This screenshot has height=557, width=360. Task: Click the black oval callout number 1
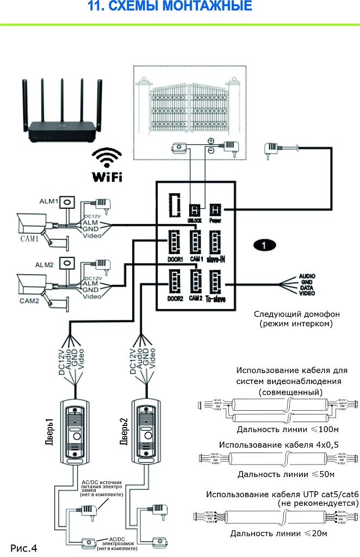tap(264, 245)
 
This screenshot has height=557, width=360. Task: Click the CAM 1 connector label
tap(196, 259)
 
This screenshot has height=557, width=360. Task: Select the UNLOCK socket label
tap(195, 220)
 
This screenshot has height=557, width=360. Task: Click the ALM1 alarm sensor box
tap(67, 202)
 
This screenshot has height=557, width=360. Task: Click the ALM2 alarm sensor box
tap(67, 263)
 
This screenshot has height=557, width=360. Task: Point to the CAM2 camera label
tap(29, 300)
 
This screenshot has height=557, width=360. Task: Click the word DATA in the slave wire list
tap(307, 287)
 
